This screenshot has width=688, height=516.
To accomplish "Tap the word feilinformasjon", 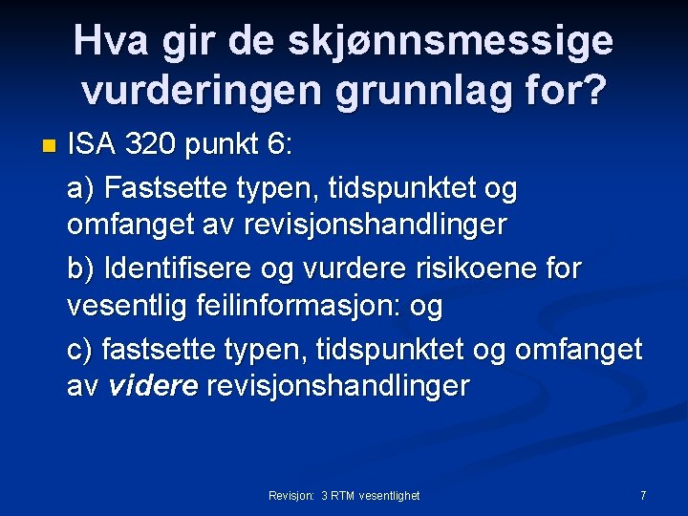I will (301, 307).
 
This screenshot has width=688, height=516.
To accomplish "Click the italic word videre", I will (154, 387).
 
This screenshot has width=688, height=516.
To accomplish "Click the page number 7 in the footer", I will (643, 495).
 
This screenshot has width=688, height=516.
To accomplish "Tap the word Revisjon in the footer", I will (290, 496).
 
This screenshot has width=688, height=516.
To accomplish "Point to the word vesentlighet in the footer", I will (390, 496).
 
